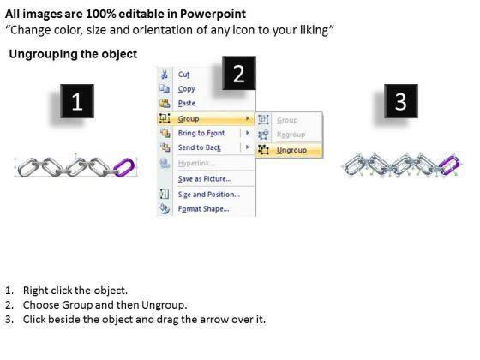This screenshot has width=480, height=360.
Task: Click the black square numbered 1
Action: click(x=77, y=101)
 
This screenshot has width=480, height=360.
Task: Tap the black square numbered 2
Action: click(x=239, y=73)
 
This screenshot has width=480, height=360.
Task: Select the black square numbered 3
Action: click(x=401, y=101)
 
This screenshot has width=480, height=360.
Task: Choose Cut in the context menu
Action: click(x=183, y=75)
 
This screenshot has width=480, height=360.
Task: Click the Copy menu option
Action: click(x=187, y=89)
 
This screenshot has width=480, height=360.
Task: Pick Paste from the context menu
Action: click(x=187, y=103)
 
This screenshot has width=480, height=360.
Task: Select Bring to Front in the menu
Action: click(x=201, y=133)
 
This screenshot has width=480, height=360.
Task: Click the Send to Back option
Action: click(x=199, y=147)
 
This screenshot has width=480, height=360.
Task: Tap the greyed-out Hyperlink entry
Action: click(x=196, y=163)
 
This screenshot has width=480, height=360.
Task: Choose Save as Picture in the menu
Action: click(x=205, y=179)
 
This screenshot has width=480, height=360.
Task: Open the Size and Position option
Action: click(x=209, y=195)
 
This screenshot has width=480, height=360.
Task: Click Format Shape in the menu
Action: click(x=203, y=209)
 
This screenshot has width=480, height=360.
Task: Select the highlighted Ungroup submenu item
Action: click(x=291, y=150)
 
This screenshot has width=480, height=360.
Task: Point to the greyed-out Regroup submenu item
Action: click(x=291, y=135)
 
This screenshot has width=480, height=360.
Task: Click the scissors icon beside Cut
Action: click(x=165, y=75)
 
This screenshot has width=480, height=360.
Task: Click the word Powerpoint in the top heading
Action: click(x=213, y=14)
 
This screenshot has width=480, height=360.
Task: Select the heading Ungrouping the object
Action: click(x=73, y=54)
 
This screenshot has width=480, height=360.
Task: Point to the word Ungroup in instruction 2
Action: click(x=163, y=305)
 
